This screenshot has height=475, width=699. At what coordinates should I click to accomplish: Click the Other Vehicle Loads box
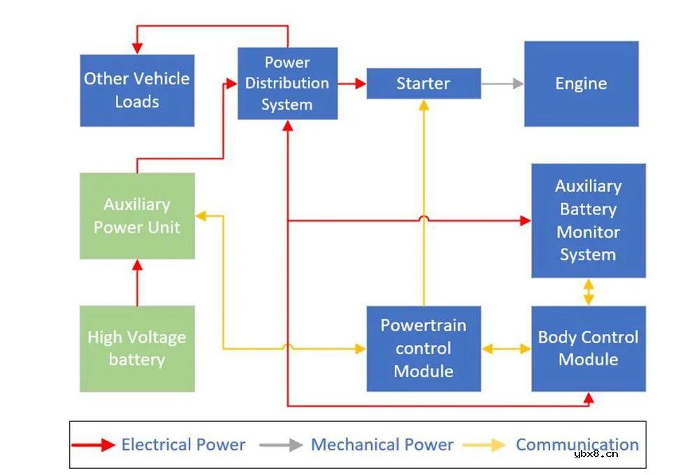point(137,90)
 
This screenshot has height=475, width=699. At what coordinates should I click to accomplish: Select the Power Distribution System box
point(287,83)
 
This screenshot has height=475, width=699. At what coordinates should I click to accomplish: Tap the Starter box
point(424,84)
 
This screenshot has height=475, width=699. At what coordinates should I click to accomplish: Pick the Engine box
point(581,84)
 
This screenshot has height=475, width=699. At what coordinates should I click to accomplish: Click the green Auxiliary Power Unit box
point(137,216)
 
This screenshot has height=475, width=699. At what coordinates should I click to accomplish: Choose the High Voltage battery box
point(137,349)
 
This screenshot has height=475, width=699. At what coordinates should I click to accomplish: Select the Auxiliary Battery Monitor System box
point(588,221)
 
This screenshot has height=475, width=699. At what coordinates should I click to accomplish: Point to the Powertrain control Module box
point(424,349)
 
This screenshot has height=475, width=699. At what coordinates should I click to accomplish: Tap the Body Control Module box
point(588,349)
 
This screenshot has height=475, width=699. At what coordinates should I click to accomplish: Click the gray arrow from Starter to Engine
point(502,84)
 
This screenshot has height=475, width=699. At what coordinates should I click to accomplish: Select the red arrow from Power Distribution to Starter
point(352,84)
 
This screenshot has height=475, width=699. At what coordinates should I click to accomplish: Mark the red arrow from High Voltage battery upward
point(137,282)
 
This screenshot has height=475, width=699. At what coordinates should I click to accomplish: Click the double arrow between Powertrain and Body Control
point(506,349)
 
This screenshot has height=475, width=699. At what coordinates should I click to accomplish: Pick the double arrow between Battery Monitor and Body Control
point(589,292)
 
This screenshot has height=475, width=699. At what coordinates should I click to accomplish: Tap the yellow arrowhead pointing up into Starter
point(424,105)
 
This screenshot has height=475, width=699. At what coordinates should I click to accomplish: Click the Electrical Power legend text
point(183,445)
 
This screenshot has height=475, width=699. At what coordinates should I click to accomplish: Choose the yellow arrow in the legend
point(487,445)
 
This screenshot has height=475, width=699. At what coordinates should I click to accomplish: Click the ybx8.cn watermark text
point(596,454)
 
